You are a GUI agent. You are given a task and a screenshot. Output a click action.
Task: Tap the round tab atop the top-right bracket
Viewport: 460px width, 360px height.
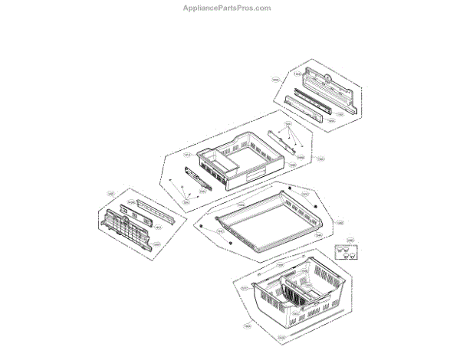point(327,76)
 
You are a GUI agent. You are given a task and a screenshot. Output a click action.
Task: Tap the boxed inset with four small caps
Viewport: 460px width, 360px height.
point(347,253)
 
